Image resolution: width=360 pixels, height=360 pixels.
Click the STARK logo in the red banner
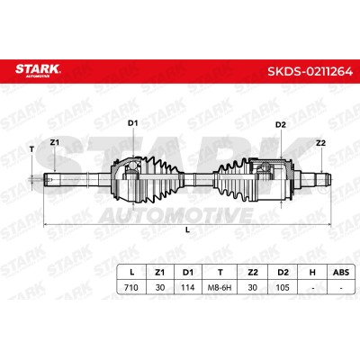coord(38,70)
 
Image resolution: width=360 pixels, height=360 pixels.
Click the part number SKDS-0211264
coord(310,72)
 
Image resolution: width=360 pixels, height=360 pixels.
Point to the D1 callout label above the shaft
coord(132,123)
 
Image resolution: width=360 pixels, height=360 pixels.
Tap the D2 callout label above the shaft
coord(281,125)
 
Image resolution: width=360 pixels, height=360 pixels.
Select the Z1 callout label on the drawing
coord(54,143)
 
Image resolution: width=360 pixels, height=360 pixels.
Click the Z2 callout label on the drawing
coord(320,143)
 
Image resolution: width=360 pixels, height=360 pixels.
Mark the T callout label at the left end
coord(32,148)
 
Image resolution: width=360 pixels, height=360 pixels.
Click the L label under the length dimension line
coord(188,230)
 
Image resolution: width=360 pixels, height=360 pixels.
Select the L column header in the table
coord(131,273)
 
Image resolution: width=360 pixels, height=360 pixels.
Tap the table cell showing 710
coord(131,287)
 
